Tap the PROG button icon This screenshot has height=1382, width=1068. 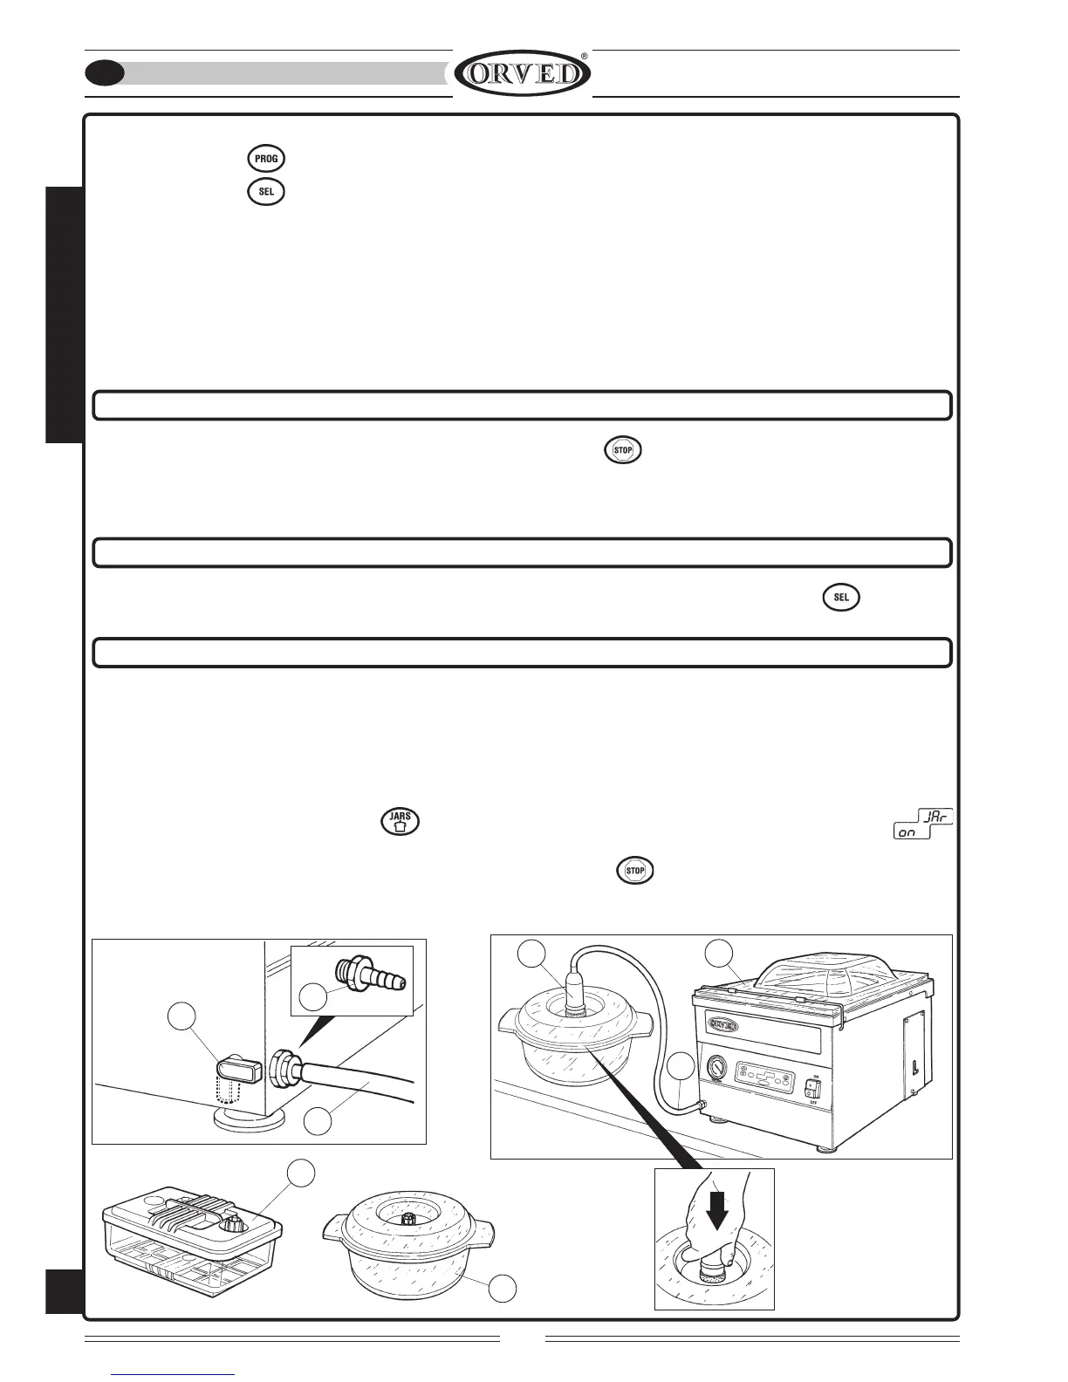pyautogui.click(x=266, y=160)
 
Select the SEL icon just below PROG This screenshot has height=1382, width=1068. pyautogui.click(x=266, y=192)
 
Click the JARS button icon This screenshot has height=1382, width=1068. pyautogui.click(x=400, y=822)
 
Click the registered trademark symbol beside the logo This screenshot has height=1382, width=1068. pyautogui.click(x=584, y=55)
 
